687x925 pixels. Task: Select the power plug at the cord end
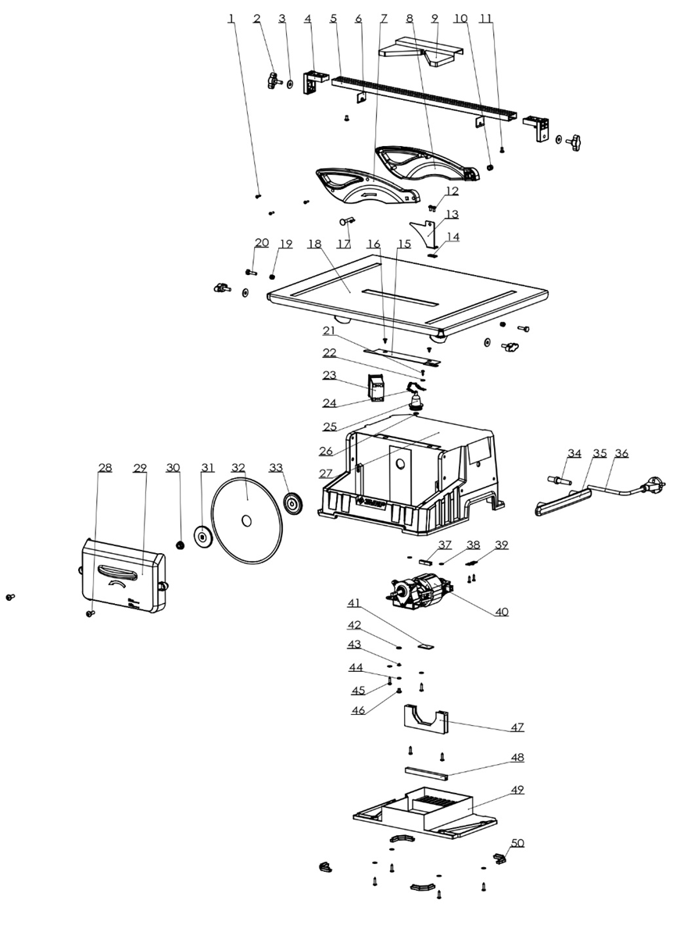click(652, 487)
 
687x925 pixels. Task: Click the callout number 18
click(314, 244)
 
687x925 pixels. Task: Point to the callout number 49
click(517, 789)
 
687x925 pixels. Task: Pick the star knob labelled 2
click(274, 80)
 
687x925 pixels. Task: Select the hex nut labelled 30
click(181, 543)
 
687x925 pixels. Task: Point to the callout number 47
click(517, 727)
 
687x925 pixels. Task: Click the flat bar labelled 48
click(426, 773)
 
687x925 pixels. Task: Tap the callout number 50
click(517, 844)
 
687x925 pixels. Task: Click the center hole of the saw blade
click(246, 520)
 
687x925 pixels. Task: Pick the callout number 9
click(435, 18)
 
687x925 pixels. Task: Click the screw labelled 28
click(91, 613)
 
